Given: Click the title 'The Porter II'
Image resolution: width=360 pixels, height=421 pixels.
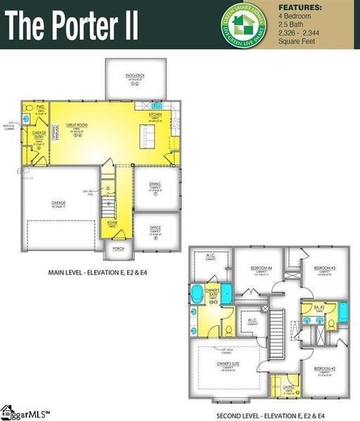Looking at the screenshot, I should (x=74, y=26).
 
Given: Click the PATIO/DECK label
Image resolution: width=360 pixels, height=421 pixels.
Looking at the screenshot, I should (x=135, y=76).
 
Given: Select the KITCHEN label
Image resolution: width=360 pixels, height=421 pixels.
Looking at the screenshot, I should (x=155, y=114).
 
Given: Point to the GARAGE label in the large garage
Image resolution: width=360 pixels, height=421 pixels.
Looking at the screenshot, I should (x=58, y=203).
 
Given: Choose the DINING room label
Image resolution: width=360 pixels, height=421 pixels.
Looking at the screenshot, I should (x=155, y=184).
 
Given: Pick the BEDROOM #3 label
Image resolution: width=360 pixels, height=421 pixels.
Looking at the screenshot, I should (x=324, y=268).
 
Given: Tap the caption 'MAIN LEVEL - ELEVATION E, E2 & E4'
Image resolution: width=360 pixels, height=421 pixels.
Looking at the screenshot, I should (x=93, y=272).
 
